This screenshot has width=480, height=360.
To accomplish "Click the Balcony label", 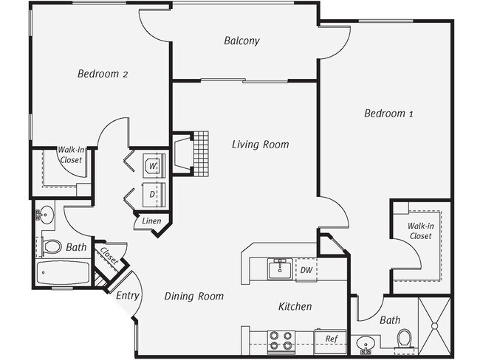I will [x=241, y=41].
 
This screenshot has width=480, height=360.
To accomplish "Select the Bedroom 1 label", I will [x=388, y=114].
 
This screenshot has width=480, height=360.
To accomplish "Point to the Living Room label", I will [x=259, y=145].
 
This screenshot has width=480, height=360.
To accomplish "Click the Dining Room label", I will [x=193, y=297].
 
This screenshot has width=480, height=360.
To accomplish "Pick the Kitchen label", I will [x=295, y=306].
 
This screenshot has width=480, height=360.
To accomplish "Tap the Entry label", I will [x=127, y=295].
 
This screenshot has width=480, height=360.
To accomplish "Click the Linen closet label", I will [x=152, y=221].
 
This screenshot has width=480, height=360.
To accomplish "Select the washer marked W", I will [x=153, y=165].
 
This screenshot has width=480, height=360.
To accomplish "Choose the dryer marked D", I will [x=153, y=195].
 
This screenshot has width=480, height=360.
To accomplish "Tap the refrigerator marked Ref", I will [x=330, y=339].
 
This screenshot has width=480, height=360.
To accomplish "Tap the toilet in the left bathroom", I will [x=52, y=246].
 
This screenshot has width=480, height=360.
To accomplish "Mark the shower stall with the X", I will [x=435, y=325].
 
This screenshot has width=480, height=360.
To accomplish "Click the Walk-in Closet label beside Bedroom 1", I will [x=420, y=231].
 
